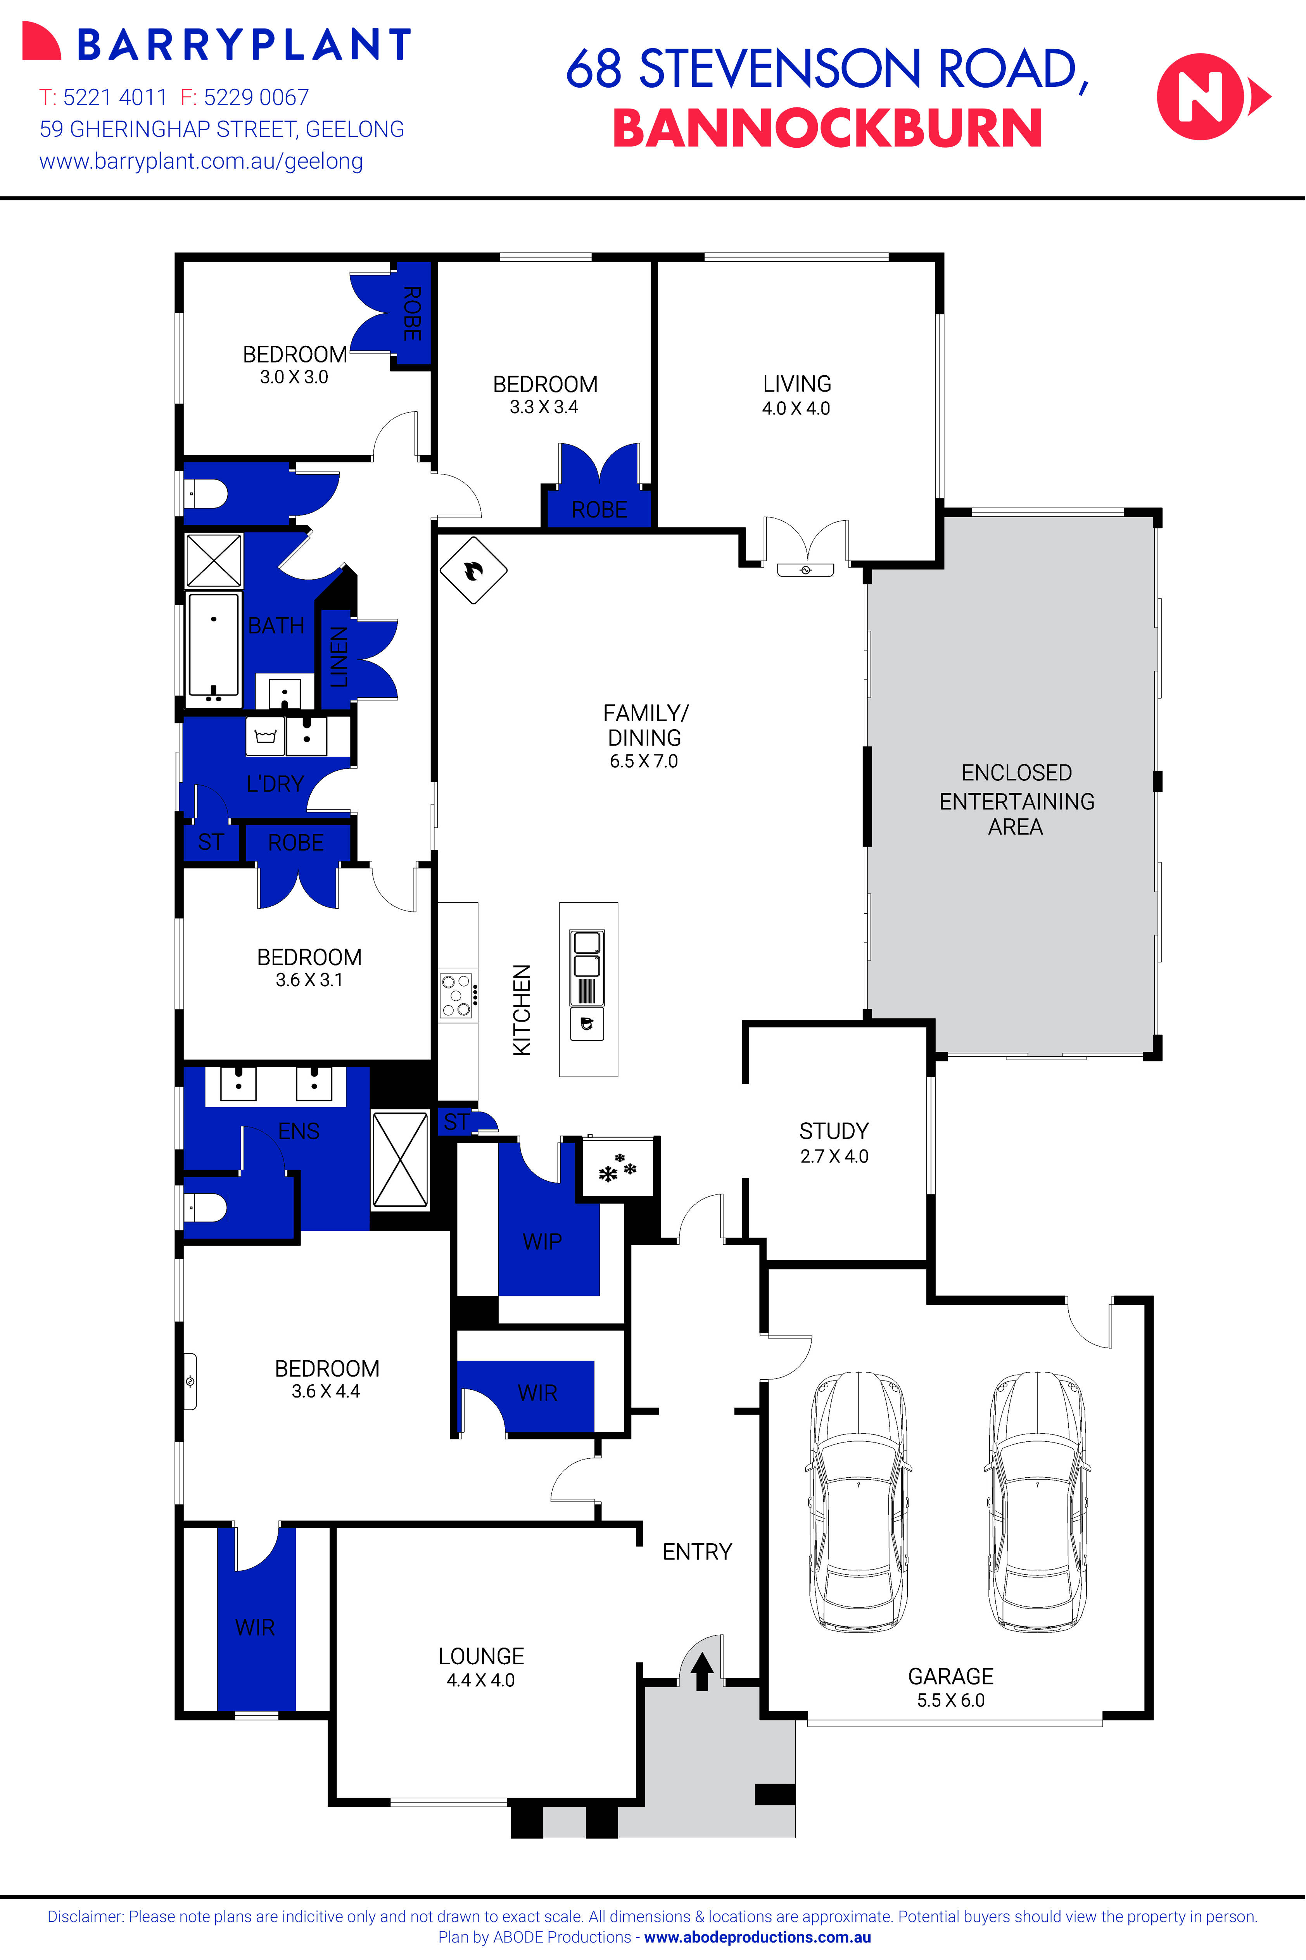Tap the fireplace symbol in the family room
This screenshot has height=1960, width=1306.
(473, 570)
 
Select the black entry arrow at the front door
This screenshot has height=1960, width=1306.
(701, 1671)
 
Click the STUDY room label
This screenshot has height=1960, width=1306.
(834, 1131)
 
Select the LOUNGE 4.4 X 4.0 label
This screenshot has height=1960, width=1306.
(480, 1668)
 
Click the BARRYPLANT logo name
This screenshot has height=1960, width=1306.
(244, 45)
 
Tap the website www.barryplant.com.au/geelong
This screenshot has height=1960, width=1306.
(201, 162)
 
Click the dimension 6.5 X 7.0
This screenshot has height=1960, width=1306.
(643, 761)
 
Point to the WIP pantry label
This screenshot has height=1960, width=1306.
(542, 1241)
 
